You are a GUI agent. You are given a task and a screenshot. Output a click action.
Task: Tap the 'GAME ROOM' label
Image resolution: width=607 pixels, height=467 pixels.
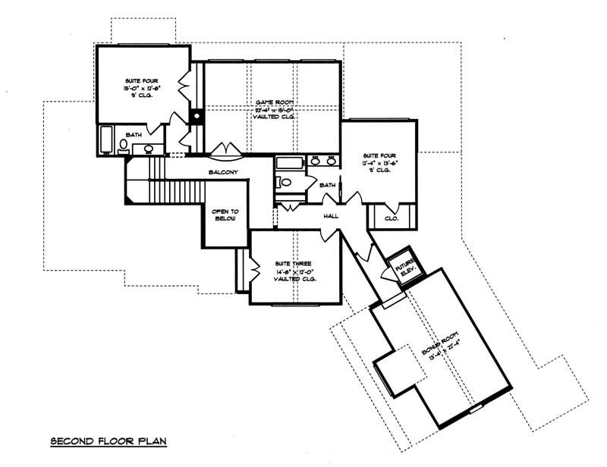click(x=272, y=102)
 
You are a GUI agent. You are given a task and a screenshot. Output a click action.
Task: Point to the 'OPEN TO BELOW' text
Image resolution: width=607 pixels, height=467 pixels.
click(x=225, y=215)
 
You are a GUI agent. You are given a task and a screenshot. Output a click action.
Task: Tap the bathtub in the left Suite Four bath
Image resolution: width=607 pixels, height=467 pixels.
click(x=106, y=140)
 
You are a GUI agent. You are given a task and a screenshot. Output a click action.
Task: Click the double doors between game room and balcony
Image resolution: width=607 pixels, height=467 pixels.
click(x=226, y=149)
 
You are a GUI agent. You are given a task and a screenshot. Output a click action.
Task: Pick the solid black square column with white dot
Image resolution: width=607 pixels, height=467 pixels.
click(x=197, y=117)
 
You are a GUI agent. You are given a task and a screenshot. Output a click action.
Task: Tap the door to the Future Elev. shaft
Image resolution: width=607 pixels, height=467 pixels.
click(x=385, y=274)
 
